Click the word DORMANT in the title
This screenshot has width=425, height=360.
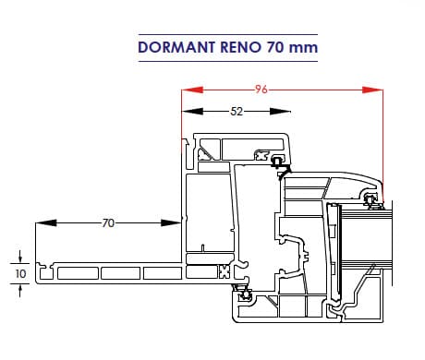(x=176, y=47)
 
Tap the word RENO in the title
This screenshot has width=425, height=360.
(x=240, y=47)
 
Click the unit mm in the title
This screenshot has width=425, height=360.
(x=303, y=48)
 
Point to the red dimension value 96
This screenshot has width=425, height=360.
(x=261, y=90)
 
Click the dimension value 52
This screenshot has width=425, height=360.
(x=237, y=112)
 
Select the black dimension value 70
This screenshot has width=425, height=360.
(x=108, y=223)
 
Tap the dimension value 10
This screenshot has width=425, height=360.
(x=20, y=274)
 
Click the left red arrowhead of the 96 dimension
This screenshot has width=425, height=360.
(x=192, y=90)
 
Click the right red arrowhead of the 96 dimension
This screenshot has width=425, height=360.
(x=372, y=90)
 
